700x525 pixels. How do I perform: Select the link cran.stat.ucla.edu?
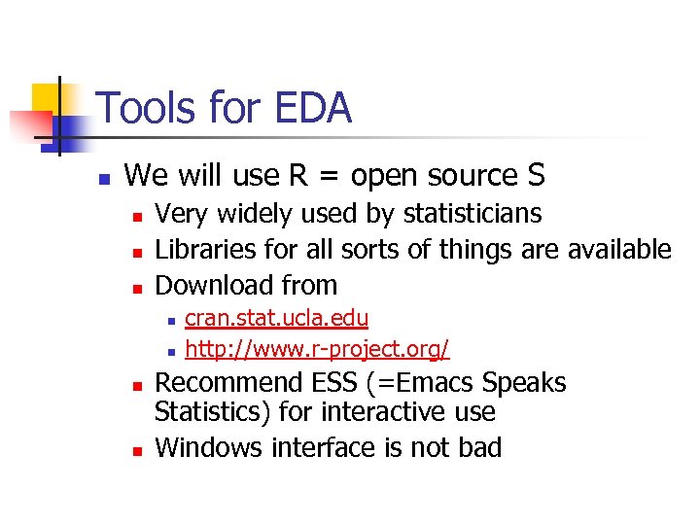pyautogui.click(x=276, y=318)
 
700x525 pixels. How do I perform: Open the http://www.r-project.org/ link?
pyautogui.click(x=317, y=347)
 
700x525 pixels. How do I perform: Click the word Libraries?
pyautogui.click(x=203, y=249)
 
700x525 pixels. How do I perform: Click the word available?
pyautogui.click(x=616, y=249)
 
